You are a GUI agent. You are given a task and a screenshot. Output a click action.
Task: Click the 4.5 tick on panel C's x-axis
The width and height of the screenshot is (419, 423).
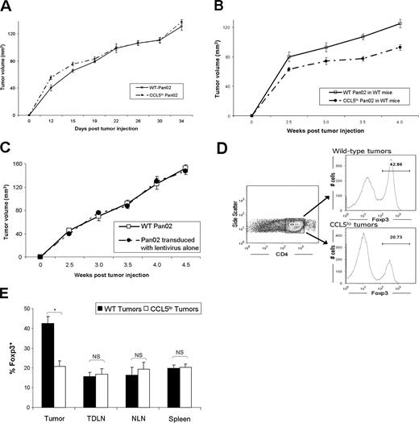pyautogui.click(x=185, y=263)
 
